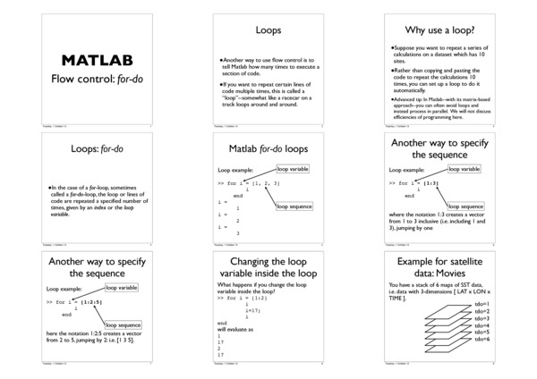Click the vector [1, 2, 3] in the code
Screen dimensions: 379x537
click(264, 183)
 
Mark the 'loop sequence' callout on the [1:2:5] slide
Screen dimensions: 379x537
click(123, 325)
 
